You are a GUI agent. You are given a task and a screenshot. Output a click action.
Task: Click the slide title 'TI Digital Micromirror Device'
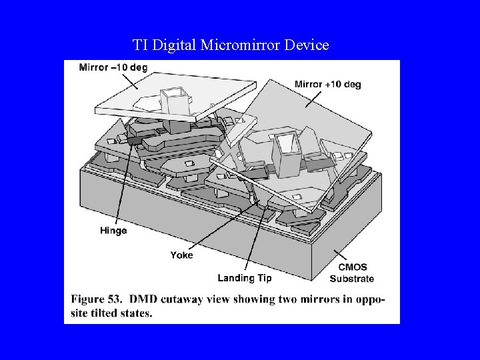coord(231,45)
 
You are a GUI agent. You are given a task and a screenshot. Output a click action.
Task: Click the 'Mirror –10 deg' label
coord(113,67)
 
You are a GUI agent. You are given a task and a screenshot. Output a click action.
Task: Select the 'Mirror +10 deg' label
coord(328,85)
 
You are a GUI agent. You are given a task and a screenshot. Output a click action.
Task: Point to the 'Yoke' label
coord(181,255)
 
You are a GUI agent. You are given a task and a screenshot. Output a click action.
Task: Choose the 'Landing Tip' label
coord(245,278)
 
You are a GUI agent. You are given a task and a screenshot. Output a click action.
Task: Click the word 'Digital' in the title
coord(175,45)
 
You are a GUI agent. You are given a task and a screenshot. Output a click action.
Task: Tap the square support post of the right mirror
coord(287,153)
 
